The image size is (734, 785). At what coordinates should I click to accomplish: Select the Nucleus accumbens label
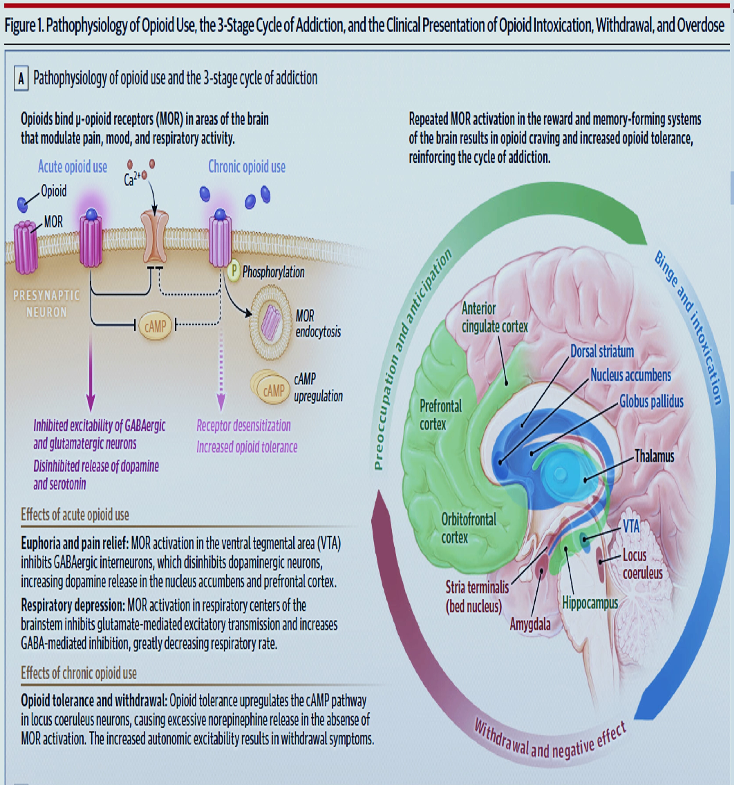(630, 375)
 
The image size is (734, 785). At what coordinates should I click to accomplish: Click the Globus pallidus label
(651, 402)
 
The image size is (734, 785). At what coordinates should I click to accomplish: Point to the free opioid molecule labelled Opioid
(23, 204)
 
